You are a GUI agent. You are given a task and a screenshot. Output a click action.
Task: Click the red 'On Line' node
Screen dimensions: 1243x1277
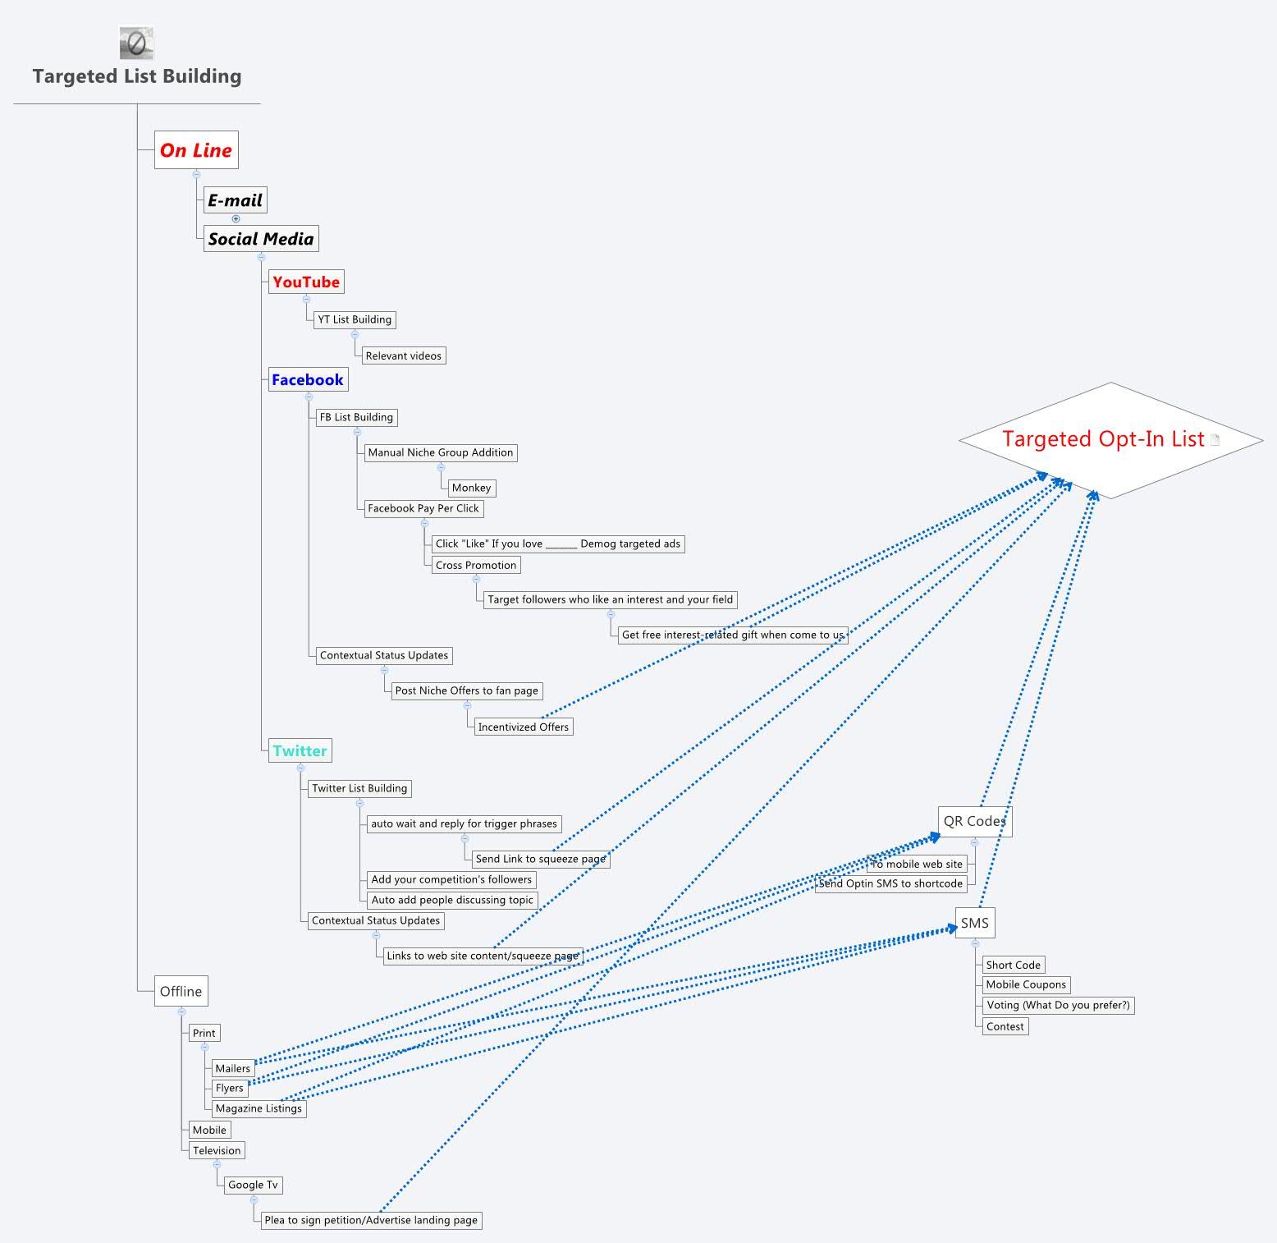click(196, 150)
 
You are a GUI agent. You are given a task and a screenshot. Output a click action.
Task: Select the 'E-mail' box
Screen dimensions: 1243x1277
click(235, 200)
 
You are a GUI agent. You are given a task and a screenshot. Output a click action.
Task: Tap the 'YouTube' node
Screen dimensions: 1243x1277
click(306, 282)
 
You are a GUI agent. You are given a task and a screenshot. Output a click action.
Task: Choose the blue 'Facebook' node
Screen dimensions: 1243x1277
click(308, 379)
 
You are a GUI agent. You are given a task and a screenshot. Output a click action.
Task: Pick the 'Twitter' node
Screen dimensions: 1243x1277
click(300, 750)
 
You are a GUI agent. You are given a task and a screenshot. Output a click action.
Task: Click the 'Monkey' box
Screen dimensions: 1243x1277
click(471, 488)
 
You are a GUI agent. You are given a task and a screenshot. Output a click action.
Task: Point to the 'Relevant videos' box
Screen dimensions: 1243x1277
click(404, 355)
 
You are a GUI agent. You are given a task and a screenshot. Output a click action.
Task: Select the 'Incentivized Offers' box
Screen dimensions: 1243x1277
click(524, 727)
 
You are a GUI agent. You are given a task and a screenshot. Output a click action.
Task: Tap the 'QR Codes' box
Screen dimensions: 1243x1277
click(974, 821)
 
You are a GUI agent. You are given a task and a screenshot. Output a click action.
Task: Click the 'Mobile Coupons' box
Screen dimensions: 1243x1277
click(1026, 984)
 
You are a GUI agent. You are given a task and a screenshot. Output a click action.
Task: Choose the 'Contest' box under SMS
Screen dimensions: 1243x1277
click(1005, 1026)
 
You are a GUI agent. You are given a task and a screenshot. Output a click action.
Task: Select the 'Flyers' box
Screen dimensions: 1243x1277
click(230, 1088)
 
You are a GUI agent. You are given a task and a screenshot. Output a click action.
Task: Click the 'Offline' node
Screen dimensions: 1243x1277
click(181, 991)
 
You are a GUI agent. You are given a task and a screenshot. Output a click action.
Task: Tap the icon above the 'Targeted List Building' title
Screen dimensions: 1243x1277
click(136, 43)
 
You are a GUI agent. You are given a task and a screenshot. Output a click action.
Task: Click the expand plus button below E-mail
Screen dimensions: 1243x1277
click(236, 219)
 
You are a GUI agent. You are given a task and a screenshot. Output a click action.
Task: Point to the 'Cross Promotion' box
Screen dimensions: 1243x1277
click(476, 565)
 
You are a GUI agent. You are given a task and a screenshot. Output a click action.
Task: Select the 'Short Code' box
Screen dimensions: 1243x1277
click(1014, 965)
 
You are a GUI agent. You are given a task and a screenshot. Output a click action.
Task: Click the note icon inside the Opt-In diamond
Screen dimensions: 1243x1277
click(1215, 439)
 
